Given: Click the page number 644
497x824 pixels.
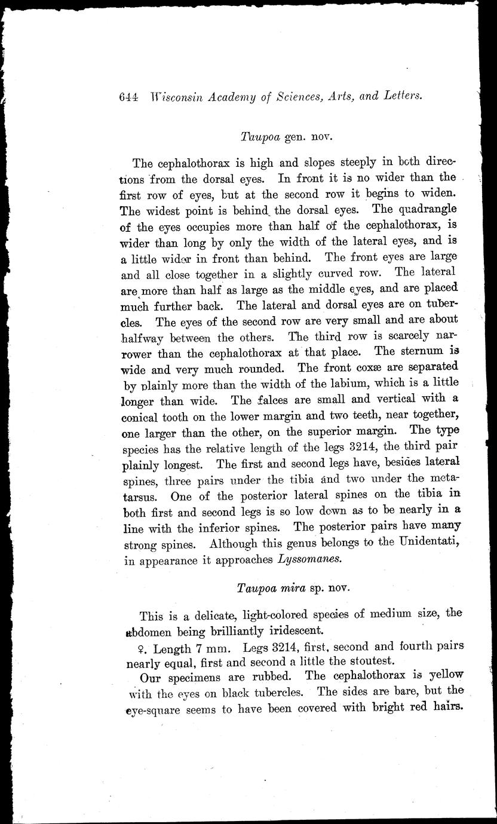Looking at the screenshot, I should (129, 97).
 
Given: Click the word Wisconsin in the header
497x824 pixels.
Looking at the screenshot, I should (179, 97).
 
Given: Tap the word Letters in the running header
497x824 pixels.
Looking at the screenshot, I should (401, 96).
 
